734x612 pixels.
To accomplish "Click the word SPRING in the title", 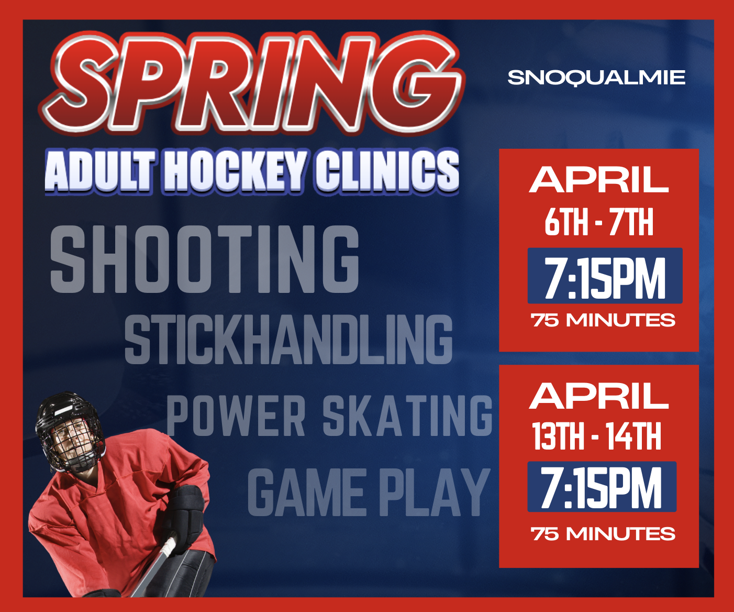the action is (252, 83).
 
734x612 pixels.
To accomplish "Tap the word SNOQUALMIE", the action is (596, 78).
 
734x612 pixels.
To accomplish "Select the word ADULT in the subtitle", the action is (100, 172).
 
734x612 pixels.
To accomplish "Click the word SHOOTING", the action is (205, 259).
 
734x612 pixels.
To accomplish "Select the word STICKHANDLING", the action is (288, 339).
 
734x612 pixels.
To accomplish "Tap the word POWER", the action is (236, 416).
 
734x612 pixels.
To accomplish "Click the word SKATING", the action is (408, 416).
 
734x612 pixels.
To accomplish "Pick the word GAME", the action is (305, 492).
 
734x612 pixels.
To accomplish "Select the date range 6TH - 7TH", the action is (599, 222).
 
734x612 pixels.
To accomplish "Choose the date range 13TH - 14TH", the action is (596, 436).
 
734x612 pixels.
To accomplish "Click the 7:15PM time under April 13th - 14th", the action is (601, 488).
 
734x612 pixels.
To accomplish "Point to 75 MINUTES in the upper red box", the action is (603, 320).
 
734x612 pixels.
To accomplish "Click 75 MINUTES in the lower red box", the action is (603, 534).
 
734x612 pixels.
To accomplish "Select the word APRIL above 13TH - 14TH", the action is (598, 396).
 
